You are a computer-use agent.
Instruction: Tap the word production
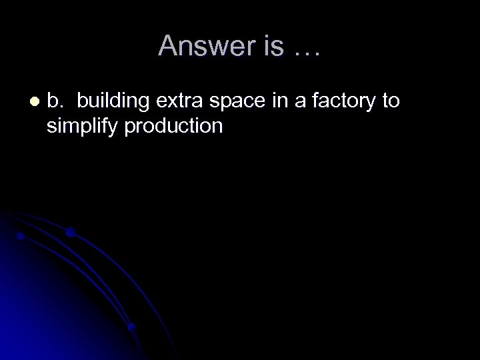175,126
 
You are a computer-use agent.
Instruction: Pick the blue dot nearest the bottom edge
131,327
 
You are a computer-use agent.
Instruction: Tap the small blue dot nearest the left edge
21,236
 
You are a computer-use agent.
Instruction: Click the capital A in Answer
167,46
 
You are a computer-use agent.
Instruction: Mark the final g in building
147,105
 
